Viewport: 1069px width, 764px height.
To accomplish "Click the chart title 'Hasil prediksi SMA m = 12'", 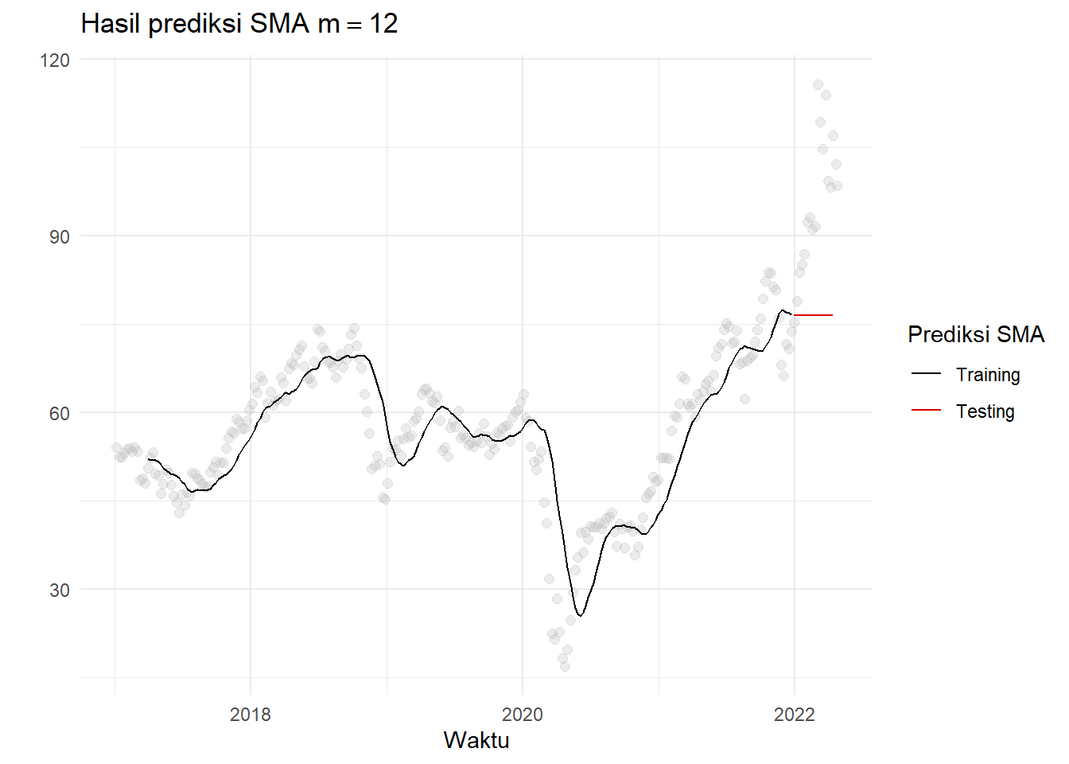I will [239, 24].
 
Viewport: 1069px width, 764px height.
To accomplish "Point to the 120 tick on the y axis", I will [55, 60].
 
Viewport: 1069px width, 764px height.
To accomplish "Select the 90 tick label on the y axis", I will [60, 236].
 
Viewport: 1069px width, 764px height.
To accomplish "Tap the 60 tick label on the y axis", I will [60, 413].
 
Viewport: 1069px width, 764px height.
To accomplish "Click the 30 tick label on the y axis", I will [60, 590].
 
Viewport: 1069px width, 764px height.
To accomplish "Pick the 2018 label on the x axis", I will [250, 714].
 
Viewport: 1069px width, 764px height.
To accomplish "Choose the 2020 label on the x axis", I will [523, 714].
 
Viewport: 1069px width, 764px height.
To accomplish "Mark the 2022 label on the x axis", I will [795, 714].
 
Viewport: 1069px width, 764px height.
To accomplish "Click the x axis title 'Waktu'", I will [476, 740].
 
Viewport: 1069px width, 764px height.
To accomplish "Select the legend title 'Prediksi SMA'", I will [976, 334].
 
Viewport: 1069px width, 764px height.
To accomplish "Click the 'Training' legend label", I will [988, 375].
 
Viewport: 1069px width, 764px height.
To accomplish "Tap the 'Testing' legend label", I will [985, 411].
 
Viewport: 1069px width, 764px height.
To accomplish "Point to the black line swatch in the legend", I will [926, 373].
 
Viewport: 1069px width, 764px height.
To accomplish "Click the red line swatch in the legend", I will [926, 410].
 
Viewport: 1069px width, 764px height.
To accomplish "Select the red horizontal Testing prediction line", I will [813, 315].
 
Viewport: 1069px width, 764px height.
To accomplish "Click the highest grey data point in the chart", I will [818, 85].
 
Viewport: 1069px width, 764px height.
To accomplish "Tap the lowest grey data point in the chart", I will [565, 666].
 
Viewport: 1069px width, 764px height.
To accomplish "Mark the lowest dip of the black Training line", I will [581, 615].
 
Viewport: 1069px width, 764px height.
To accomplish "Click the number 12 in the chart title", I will [383, 24].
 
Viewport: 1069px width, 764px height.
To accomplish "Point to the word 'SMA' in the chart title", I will [279, 24].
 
